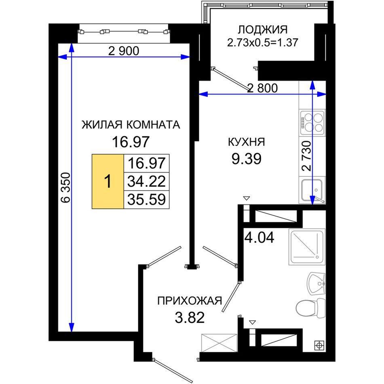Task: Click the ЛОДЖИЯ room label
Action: point(262,30)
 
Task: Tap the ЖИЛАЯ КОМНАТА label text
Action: point(131,125)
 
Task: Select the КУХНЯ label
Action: point(247,142)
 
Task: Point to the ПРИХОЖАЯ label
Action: point(190,300)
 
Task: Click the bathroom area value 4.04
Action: point(260,237)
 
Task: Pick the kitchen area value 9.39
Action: point(247,159)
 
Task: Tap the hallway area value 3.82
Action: point(190,318)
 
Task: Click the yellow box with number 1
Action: point(108,181)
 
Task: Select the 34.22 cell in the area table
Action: point(146,181)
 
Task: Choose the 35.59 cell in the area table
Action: point(146,199)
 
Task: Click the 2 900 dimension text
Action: point(124,51)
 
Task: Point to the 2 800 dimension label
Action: point(262,88)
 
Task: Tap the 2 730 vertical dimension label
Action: point(307,156)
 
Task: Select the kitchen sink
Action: point(312,190)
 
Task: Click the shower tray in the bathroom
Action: point(307,247)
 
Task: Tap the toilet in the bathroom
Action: point(310,308)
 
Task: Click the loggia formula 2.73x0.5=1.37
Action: point(262,42)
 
